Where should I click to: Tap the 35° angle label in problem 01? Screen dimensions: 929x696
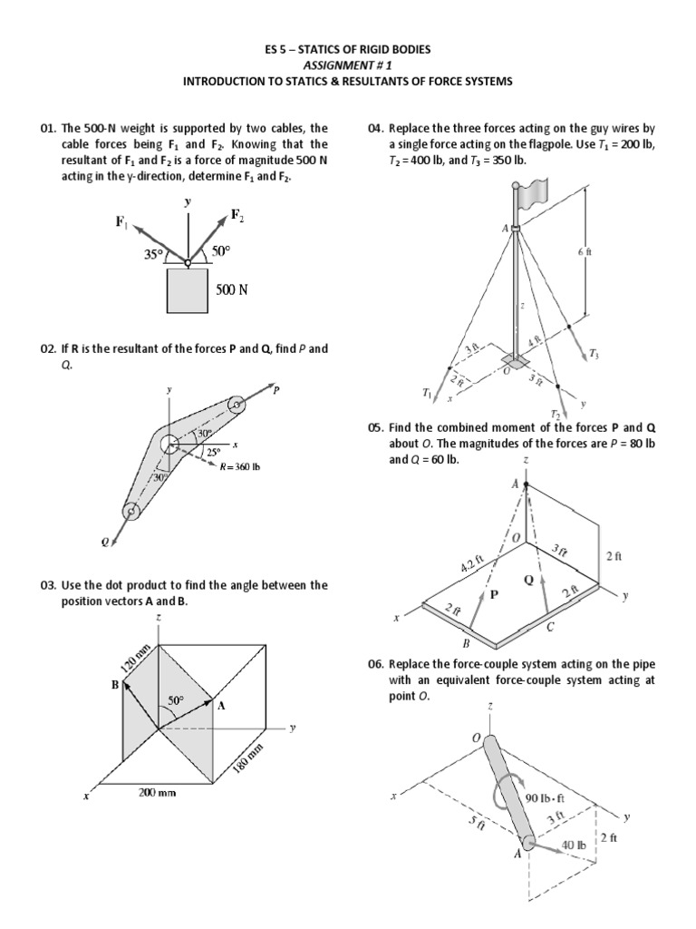coord(153,255)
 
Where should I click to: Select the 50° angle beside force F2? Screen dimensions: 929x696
coord(223,249)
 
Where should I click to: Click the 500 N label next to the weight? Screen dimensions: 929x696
coord(232,291)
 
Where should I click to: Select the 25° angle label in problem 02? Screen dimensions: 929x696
coord(212,452)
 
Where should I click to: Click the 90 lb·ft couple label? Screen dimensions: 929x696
coord(545,798)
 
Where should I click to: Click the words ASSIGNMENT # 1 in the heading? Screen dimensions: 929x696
coord(348,65)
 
